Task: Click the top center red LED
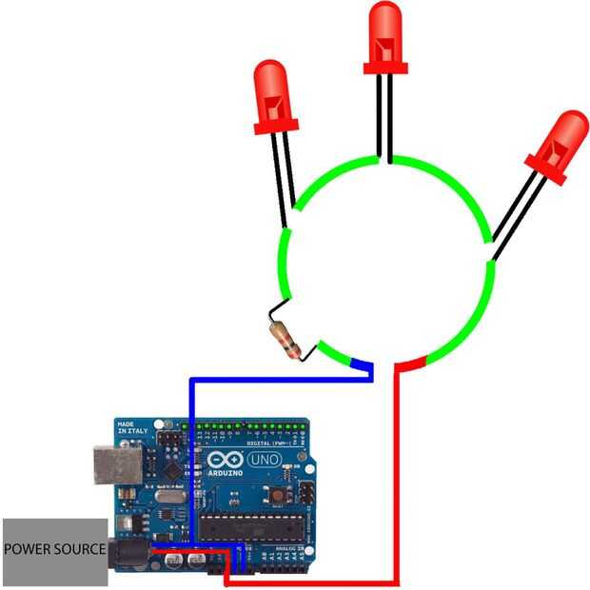click(x=385, y=38)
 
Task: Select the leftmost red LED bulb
click(x=274, y=95)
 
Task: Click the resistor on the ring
click(x=285, y=339)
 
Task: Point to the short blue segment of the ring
click(x=362, y=364)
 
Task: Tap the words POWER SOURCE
click(x=54, y=550)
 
